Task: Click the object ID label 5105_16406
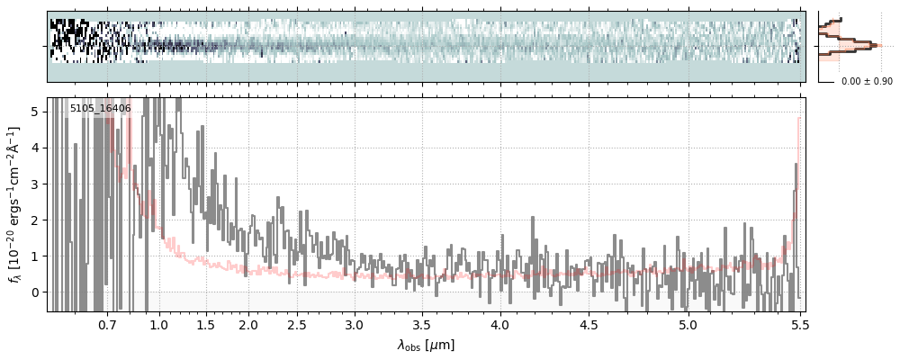(101, 109)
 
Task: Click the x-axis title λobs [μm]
(426, 345)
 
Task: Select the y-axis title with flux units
(14, 204)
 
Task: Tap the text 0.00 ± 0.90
(867, 82)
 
